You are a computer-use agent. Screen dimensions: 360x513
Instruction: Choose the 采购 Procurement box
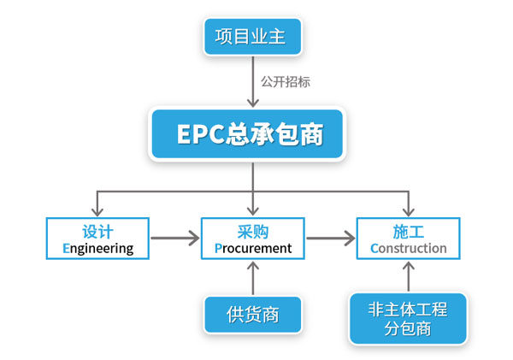click(253, 239)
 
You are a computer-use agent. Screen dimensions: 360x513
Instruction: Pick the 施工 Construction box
click(408, 239)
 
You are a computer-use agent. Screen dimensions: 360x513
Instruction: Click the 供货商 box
click(253, 315)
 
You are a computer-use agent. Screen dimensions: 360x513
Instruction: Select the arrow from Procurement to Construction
click(330, 239)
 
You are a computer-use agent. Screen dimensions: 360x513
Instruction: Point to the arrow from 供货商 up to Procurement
click(253, 277)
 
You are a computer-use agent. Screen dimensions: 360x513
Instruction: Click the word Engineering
click(97, 249)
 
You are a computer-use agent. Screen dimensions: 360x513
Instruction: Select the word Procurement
click(253, 249)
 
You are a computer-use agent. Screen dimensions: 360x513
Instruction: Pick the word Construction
click(409, 249)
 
